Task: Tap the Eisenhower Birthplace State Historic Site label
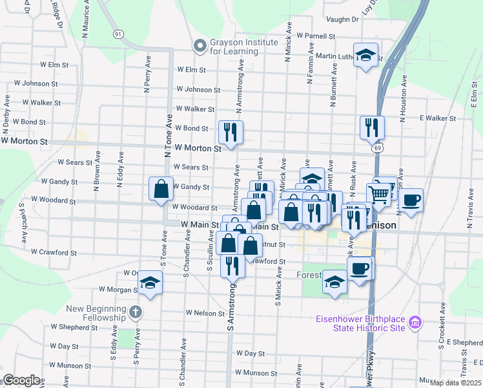(360, 323)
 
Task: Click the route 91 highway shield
(118, 34)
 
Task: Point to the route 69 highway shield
(376, 149)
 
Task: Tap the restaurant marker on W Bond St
(231, 132)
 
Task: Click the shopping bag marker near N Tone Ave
(161, 189)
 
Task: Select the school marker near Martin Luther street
(365, 55)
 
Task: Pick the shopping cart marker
(379, 193)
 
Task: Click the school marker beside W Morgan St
(150, 283)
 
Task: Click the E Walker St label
(438, 118)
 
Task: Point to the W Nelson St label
(205, 312)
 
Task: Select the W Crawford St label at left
(54, 252)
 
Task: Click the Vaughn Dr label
(342, 20)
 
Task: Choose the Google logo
(21, 380)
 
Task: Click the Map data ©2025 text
(455, 383)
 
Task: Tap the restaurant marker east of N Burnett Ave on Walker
(372, 127)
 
